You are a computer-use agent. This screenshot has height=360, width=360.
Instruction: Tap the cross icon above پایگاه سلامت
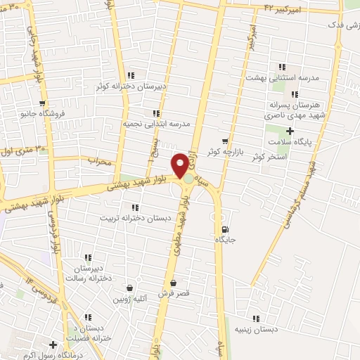(290, 131)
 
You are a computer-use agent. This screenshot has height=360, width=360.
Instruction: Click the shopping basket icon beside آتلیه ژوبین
(129, 288)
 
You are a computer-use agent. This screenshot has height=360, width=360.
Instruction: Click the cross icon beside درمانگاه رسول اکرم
(53, 345)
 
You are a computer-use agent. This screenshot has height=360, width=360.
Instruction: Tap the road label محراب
(100, 161)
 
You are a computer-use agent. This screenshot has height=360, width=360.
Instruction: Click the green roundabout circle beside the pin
(188, 179)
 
